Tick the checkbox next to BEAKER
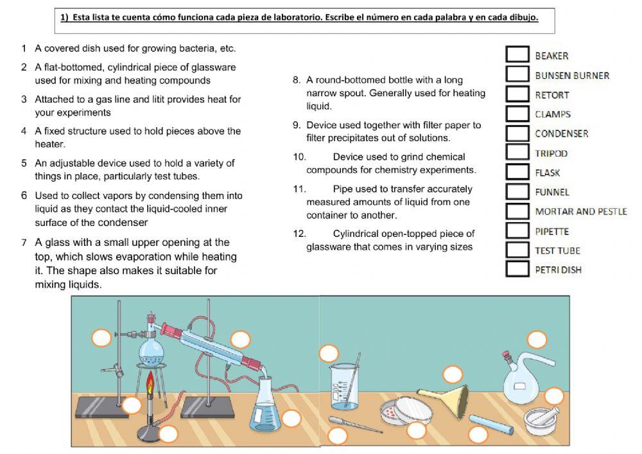[x=517, y=55]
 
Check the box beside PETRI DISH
[x=517, y=269]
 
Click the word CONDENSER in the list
[x=561, y=134]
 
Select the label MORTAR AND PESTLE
[x=580, y=211]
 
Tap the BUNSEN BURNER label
[x=572, y=75]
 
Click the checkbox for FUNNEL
[x=517, y=191]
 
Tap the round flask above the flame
[x=152, y=350]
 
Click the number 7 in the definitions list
[x=24, y=243]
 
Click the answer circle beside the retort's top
[x=536, y=339]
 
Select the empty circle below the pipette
[x=337, y=437]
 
